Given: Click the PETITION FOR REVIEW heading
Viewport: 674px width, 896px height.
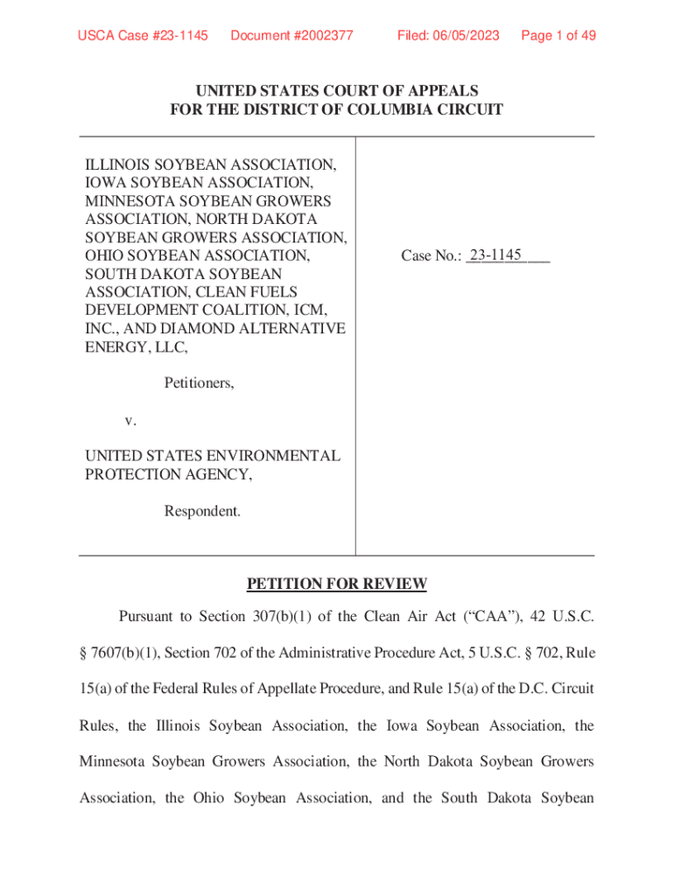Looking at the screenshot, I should point(336,584).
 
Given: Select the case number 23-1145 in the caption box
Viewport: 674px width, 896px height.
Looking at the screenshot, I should point(495,255).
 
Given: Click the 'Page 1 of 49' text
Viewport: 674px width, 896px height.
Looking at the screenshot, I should point(558,35).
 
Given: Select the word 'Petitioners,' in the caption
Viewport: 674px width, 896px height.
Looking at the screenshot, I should point(199,382).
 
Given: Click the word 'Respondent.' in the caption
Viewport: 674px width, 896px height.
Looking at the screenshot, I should point(202,510).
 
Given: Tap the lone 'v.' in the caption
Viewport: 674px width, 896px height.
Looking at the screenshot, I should point(130,420).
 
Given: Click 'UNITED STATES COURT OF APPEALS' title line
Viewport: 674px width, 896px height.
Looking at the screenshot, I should point(336,91).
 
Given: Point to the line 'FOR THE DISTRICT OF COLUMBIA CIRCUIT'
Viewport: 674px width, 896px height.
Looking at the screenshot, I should point(336,109).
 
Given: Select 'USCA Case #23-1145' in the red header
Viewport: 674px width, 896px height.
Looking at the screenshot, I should point(143,35).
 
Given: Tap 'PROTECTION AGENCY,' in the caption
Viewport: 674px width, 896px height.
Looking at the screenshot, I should point(169,474).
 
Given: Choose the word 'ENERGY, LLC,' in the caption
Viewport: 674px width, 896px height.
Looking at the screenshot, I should point(137,346).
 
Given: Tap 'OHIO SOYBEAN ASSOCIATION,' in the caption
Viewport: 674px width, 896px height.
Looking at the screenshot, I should point(197,255).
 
